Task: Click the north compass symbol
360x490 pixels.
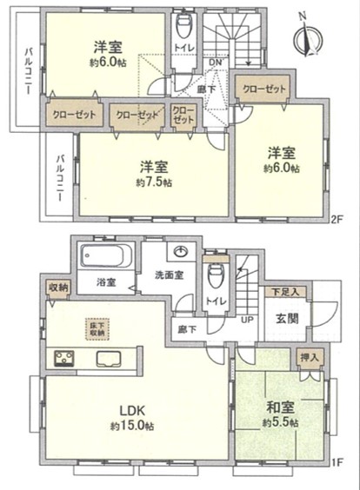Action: click(x=308, y=36)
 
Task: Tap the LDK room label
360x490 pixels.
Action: click(x=132, y=410)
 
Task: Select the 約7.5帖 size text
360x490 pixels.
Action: click(x=154, y=182)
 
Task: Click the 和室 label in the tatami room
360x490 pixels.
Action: click(x=280, y=407)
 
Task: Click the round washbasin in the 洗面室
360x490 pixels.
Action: click(x=180, y=251)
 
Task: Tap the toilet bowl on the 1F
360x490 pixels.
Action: click(x=216, y=276)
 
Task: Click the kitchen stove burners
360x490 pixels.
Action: click(x=64, y=358)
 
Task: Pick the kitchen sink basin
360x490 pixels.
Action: click(x=109, y=359)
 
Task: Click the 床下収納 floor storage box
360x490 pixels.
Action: click(x=97, y=328)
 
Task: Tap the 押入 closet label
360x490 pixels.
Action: click(x=310, y=357)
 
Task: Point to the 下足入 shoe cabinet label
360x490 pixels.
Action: click(x=285, y=292)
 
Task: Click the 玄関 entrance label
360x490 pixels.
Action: click(x=287, y=319)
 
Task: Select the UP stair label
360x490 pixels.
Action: click(x=247, y=320)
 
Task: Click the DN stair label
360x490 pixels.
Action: click(x=215, y=63)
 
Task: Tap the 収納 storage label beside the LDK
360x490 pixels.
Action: click(x=59, y=288)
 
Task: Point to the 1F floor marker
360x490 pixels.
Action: click(x=337, y=461)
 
